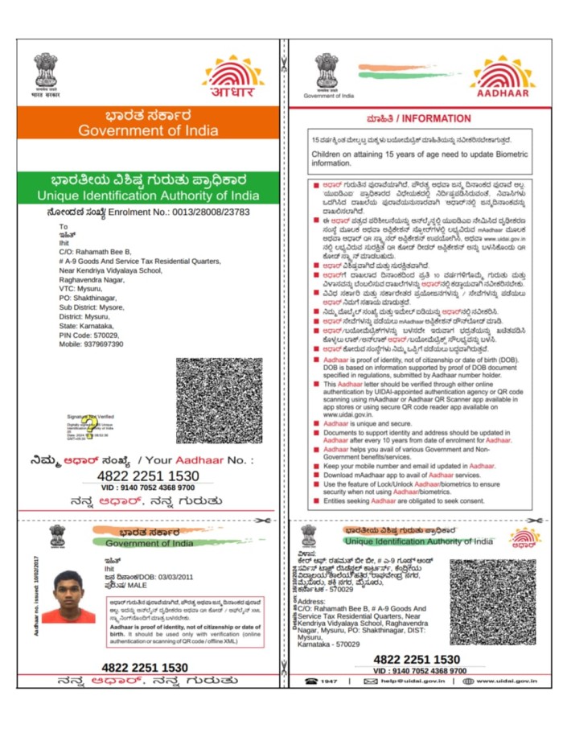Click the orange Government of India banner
tap(149, 123)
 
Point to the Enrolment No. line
tap(149, 212)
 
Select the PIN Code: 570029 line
tap(88, 335)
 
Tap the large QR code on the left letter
tap(219, 401)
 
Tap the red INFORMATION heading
tap(419, 118)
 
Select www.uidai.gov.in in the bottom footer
tap(505, 681)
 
